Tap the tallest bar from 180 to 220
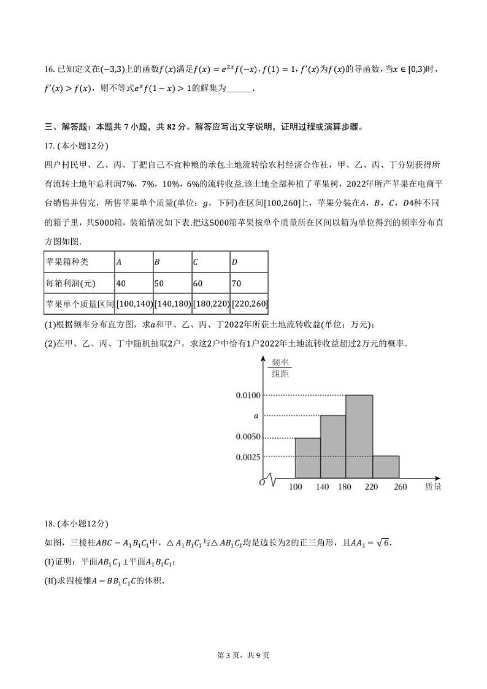click(359, 436)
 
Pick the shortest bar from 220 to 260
click(386, 466)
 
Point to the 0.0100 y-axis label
click(248, 395)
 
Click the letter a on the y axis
click(256, 416)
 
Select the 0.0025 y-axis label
click(248, 456)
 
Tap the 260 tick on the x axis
click(400, 487)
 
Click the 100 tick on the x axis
click(296, 487)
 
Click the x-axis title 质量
click(433, 487)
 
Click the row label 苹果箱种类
click(67, 262)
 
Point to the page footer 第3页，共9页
click(243, 655)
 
